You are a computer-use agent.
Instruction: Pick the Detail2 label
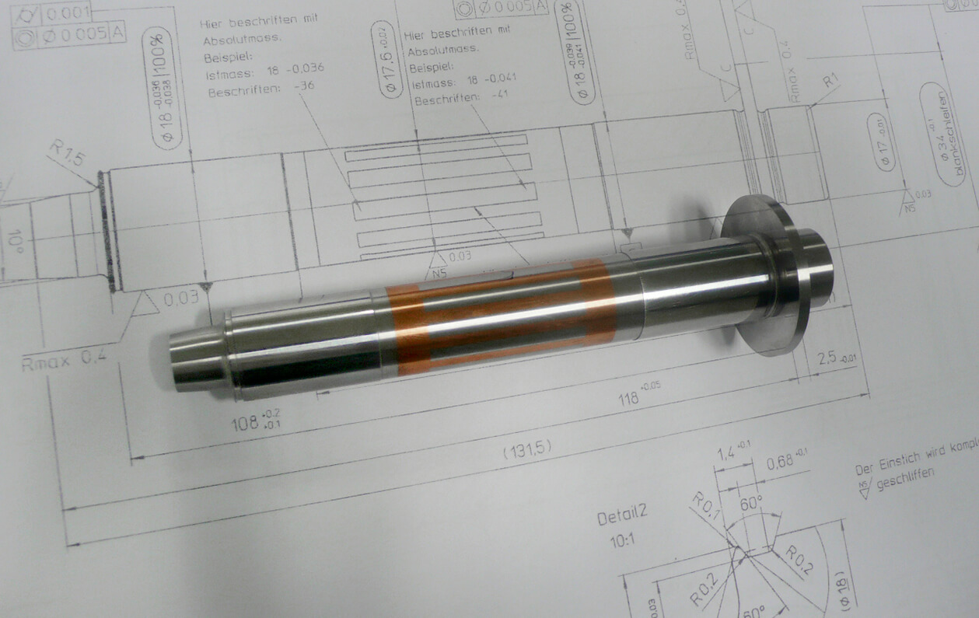click(x=622, y=517)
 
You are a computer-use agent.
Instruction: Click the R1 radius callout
click(x=830, y=79)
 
